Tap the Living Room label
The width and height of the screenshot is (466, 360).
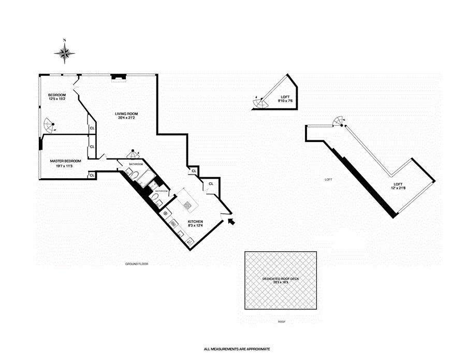coord(126,113)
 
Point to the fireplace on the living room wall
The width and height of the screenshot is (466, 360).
coord(120,78)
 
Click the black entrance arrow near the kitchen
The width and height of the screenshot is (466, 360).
coord(231,221)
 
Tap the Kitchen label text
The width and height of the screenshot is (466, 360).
coord(195,222)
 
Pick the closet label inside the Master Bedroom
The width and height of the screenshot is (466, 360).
coord(92,175)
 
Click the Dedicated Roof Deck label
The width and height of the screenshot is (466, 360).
coord(281,279)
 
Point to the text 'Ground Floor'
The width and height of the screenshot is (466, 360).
coord(137,264)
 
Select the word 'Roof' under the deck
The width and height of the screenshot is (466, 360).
coord(281,322)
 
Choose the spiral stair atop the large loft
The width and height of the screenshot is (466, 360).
coord(338,121)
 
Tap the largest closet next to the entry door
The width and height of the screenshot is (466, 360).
coord(211,184)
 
